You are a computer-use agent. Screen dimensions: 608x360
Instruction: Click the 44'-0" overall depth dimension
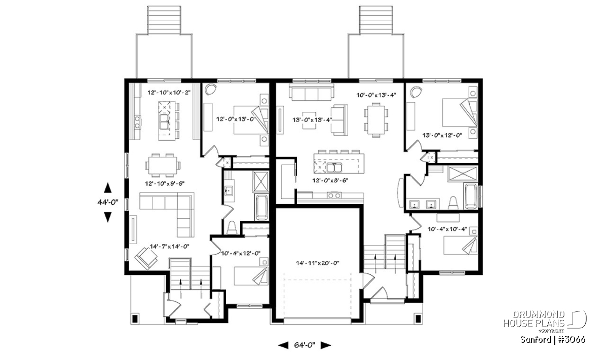pos(108,203)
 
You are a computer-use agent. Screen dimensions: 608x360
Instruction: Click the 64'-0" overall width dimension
pos(305,345)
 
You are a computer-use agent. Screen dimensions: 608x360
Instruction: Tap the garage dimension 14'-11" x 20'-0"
pos(318,263)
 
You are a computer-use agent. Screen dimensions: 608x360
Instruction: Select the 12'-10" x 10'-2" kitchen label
pos(169,93)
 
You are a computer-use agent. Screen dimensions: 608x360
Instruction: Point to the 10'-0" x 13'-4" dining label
pos(376,95)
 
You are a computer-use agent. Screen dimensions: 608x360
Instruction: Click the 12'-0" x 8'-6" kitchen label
pos(330,180)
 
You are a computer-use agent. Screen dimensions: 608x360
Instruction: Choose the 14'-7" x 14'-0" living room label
pos(170,247)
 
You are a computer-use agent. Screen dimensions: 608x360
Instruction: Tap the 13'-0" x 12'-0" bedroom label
pos(442,135)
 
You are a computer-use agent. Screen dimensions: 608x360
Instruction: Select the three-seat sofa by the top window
pos(311,93)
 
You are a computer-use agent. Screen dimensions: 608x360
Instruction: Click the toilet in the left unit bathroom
pos(232,228)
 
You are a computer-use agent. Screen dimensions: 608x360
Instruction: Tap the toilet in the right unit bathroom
pos(453,203)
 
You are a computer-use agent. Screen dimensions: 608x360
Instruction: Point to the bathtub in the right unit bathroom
pos(471,196)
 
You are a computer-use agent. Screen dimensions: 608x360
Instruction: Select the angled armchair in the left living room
pos(146,258)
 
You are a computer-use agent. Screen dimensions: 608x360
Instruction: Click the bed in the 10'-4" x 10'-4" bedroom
pos(460,245)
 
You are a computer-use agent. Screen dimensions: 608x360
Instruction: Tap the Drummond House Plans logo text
pos(534,319)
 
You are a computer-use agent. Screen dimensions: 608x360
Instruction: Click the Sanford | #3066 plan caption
pos(553,340)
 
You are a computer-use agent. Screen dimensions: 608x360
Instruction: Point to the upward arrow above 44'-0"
pos(108,188)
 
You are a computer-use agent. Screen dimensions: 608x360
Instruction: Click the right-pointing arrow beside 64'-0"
pos(326,345)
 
